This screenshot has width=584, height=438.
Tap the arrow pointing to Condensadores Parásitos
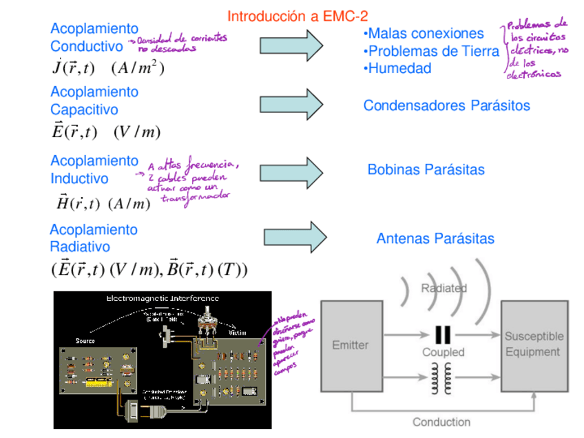[291, 105]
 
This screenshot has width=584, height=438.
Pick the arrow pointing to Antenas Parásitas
[295, 237]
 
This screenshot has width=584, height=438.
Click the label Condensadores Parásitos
[446, 105]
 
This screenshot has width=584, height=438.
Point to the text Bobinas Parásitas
[426, 169]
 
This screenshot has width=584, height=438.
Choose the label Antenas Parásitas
[435, 238]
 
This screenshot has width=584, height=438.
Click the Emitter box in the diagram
[351, 345]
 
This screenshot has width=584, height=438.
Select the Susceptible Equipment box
[533, 344]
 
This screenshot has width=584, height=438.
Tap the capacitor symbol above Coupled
[444, 335]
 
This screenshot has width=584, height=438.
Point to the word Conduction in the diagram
[441, 421]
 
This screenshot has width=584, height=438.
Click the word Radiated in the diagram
[444, 288]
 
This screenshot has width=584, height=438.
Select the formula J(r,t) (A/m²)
[108, 67]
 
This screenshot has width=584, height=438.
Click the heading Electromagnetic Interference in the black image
[163, 298]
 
